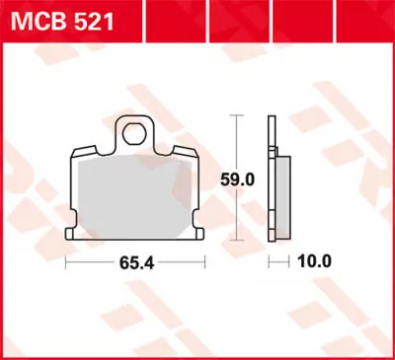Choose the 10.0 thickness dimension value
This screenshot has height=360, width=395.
(x=313, y=263)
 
